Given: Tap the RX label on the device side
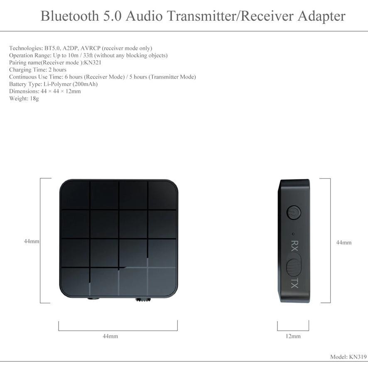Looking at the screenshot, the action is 294,246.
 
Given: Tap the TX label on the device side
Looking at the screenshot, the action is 294,284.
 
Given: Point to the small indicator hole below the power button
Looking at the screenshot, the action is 293,233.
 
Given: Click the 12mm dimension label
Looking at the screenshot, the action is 293,336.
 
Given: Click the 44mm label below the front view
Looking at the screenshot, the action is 110,336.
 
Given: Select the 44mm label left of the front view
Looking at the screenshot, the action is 32,241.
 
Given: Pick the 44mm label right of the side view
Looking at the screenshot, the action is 343,243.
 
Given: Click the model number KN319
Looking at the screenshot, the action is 358,357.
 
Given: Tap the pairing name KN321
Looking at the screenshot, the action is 93,63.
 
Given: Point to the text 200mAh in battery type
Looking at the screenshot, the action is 85,84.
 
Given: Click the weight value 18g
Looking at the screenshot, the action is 34,98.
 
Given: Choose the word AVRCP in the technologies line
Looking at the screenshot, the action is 90,48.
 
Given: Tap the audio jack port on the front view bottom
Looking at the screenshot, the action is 92,298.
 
